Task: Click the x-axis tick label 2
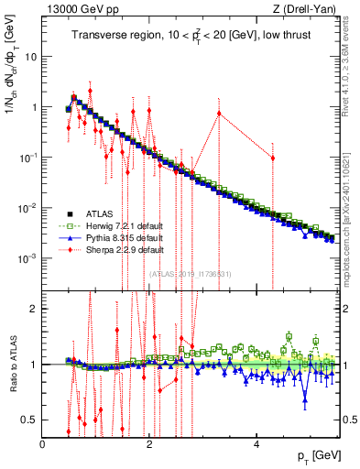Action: point(149,443)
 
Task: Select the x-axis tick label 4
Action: point(256,443)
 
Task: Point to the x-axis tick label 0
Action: point(43,443)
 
